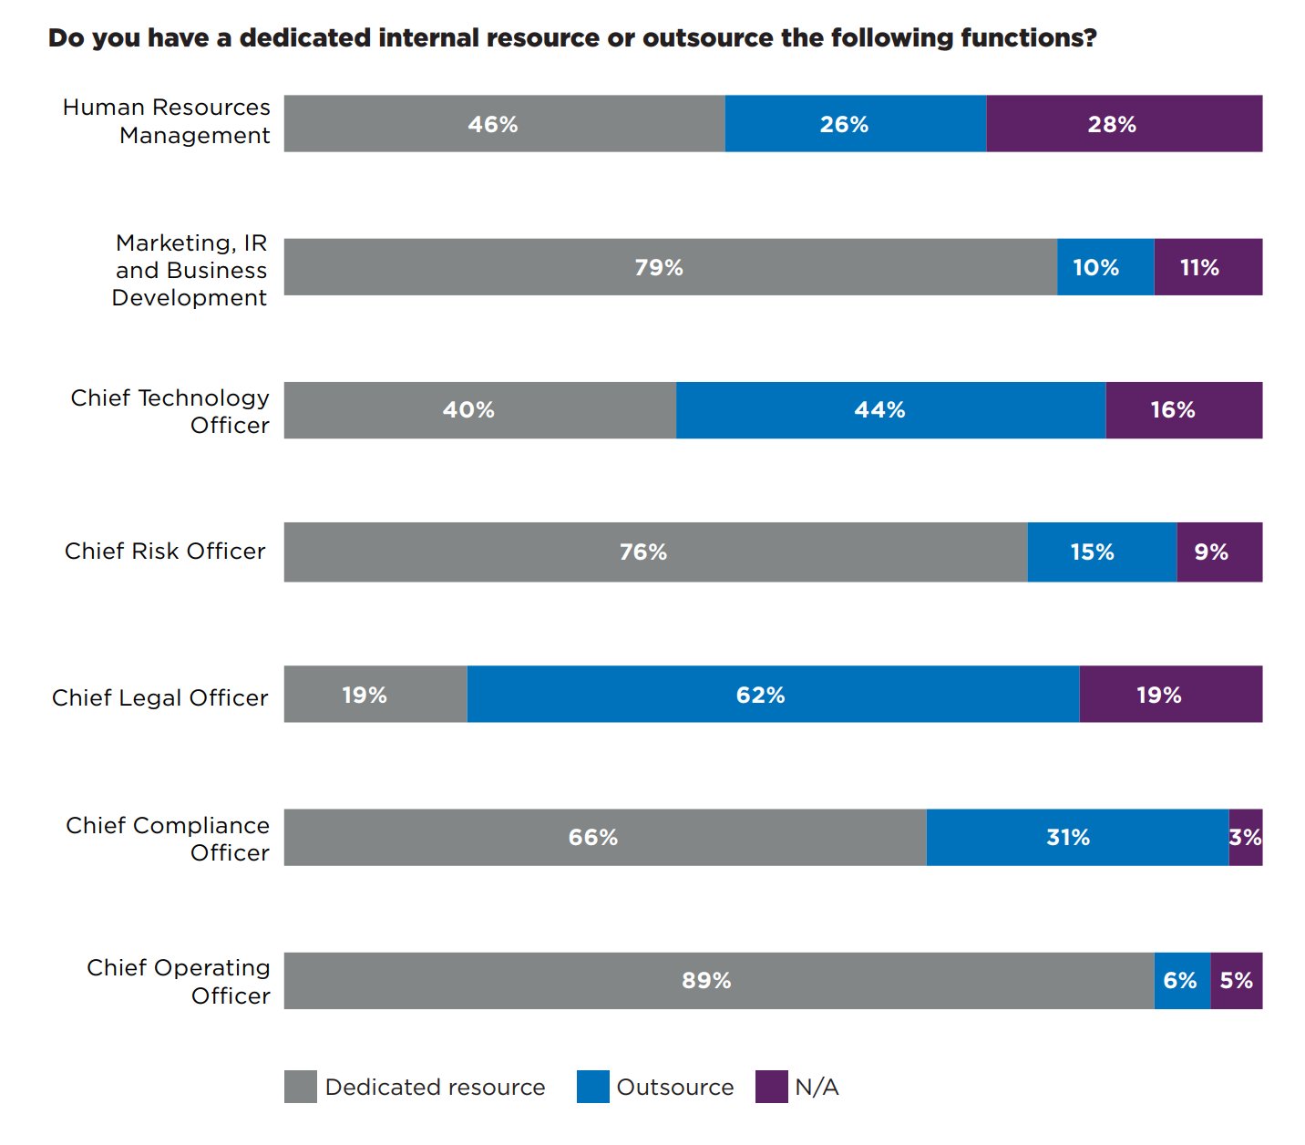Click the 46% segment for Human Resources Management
click(504, 124)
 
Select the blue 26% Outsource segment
click(855, 124)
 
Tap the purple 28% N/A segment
click(1124, 124)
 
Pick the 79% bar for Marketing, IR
click(670, 267)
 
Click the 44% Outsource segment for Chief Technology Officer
click(890, 410)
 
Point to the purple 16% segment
click(1183, 410)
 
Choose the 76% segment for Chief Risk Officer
click(655, 552)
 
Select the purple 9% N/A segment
click(1219, 552)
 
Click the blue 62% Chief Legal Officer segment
click(773, 695)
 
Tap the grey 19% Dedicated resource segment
click(375, 695)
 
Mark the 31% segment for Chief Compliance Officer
click(1077, 838)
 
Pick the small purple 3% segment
click(1245, 838)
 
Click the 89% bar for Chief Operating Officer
click(718, 981)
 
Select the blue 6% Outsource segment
click(1181, 981)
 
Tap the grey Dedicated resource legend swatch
click(300, 1087)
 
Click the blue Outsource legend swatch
click(592, 1087)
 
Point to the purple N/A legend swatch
click(771, 1087)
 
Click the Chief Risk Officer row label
click(165, 552)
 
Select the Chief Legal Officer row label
click(160, 698)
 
